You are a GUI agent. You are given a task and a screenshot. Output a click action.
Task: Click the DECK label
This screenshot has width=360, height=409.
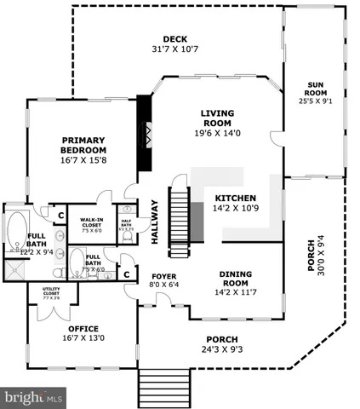pyautogui.click(x=174, y=37)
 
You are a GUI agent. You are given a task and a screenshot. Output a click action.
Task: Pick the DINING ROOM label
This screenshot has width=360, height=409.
pyautogui.click(x=229, y=278)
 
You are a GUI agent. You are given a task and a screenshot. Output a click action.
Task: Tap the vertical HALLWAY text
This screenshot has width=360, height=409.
pyautogui.click(x=155, y=222)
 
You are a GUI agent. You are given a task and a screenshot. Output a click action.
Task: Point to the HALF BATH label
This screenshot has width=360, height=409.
pyautogui.click(x=125, y=224)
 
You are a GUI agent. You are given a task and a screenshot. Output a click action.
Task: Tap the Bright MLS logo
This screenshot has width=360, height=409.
pyautogui.click(x=34, y=397)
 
